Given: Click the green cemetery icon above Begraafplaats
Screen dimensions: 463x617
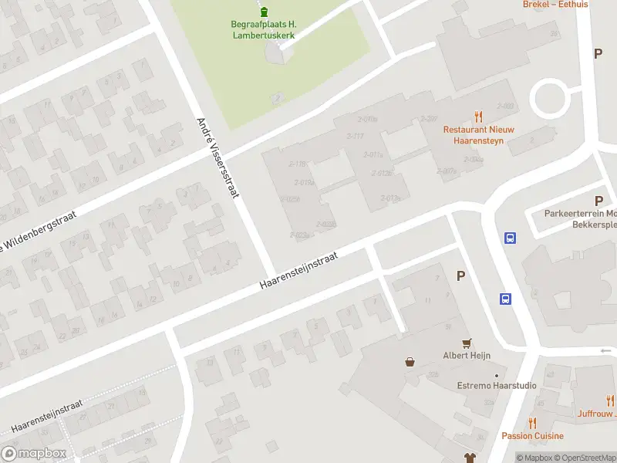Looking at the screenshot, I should [x=265, y=12].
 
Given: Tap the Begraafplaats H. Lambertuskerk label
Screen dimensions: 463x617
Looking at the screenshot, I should [x=264, y=29].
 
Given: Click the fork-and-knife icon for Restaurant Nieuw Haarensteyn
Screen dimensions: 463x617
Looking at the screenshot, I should [x=479, y=117].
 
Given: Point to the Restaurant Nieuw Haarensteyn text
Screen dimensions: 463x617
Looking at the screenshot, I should [x=478, y=135].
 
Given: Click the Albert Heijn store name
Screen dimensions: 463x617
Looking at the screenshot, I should [x=466, y=356].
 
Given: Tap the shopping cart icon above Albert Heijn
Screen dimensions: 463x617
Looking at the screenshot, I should [x=467, y=343].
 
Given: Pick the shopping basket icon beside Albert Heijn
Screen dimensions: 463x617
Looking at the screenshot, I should [x=410, y=361].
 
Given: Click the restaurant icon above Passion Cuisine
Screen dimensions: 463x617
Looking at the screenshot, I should [x=532, y=422].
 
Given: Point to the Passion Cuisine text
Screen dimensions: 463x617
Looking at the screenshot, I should [x=532, y=436].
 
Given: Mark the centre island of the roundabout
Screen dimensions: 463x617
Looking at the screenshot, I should [x=549, y=99].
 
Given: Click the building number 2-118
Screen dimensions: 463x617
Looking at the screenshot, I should [x=297, y=164].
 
